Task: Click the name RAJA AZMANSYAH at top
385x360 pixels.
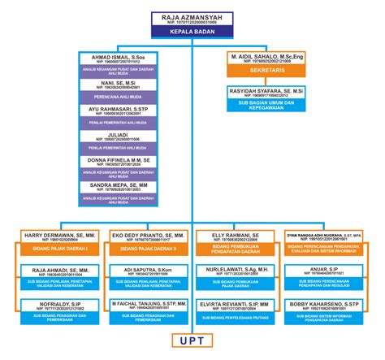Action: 192,16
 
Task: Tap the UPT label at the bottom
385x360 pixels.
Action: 192,339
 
